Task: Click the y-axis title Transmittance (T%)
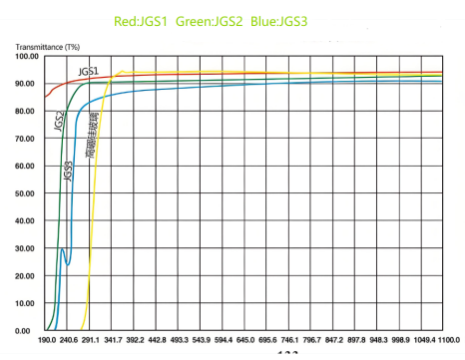click(x=46, y=46)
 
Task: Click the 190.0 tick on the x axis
click(x=46, y=340)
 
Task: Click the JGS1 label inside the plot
click(x=88, y=72)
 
